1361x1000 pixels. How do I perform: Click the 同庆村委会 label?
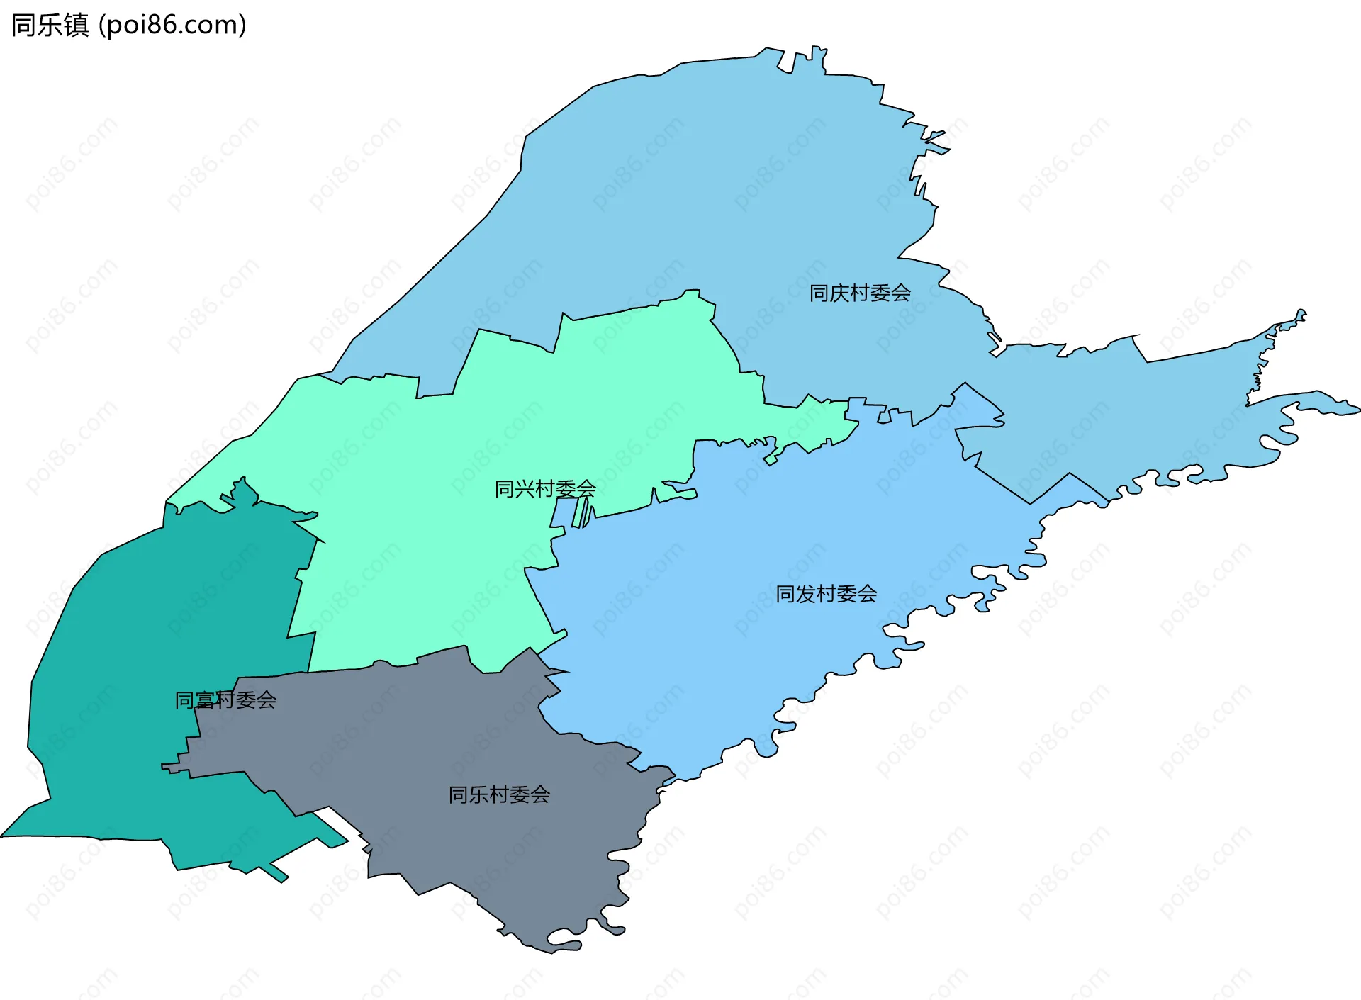(860, 293)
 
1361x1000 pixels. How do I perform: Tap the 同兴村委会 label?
(545, 488)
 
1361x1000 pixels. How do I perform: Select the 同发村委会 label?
(827, 593)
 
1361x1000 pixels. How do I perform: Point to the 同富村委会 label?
(225, 700)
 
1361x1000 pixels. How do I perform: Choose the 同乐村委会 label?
(499, 794)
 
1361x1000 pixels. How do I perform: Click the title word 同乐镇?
(50, 25)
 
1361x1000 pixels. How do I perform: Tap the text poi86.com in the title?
(172, 25)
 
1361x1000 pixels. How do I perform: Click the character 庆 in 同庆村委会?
(840, 293)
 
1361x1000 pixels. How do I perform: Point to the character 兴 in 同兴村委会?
(525, 488)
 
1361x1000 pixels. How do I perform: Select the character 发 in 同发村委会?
(807, 593)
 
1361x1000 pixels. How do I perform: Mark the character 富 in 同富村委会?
(205, 700)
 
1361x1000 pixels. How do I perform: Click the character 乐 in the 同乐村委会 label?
(479, 794)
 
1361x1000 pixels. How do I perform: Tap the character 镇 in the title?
(76, 25)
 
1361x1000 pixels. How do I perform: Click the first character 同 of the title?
(23, 25)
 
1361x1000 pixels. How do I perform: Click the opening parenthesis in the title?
(102, 26)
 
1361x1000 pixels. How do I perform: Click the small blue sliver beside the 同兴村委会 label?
(564, 512)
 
